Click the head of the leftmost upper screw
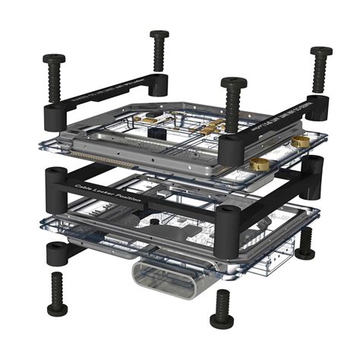53,58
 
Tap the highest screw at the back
159,35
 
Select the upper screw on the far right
321,52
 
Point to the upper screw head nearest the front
232,82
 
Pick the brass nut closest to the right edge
301,141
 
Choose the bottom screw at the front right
222,308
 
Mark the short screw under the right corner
305,244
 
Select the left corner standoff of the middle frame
57,182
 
